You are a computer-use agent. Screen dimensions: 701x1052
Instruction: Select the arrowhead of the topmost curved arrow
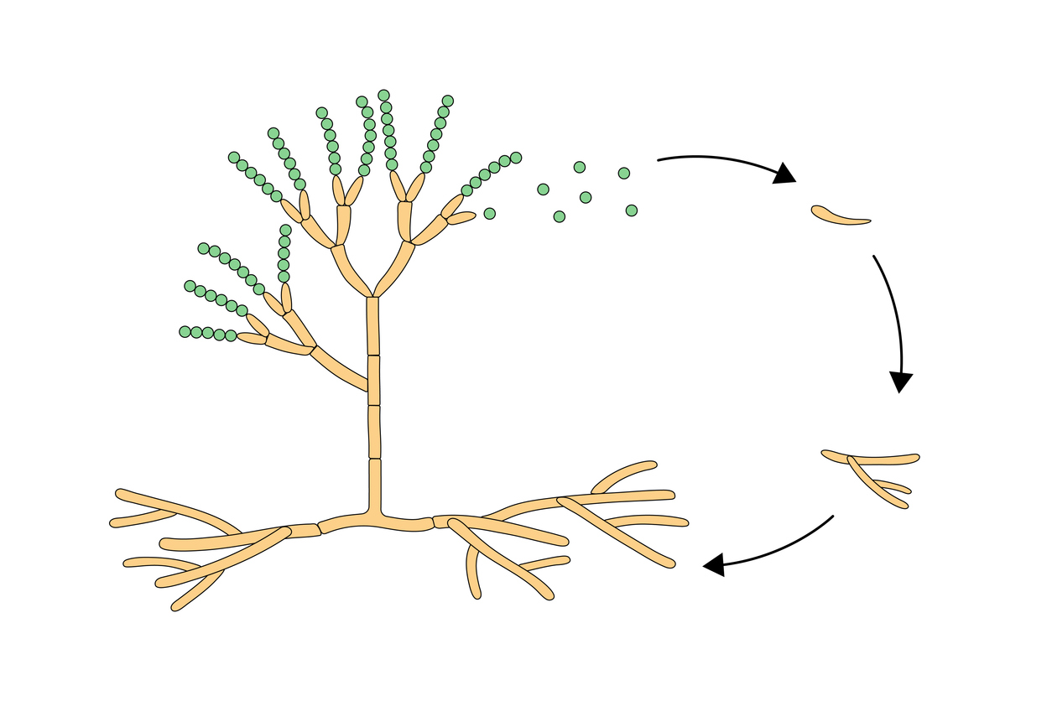coord(784,174)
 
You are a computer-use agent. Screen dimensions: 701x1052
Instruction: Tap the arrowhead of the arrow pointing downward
coord(900,382)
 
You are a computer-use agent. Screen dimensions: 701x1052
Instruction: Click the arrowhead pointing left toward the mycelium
coord(714,565)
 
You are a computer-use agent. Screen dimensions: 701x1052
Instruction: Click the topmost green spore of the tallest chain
coord(383,96)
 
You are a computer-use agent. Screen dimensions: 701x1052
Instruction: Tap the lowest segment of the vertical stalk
coord(375,486)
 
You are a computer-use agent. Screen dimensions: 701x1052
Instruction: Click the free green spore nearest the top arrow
coord(623,174)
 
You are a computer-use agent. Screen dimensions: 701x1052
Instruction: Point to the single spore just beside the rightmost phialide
coord(490,214)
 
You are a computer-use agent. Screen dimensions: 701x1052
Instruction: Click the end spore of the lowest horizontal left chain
coord(185,332)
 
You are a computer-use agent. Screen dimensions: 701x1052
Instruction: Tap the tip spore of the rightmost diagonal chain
coord(516,158)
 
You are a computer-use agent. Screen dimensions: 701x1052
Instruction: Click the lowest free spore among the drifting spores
coord(560,216)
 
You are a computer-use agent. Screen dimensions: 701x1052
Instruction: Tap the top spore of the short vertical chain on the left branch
coord(285,230)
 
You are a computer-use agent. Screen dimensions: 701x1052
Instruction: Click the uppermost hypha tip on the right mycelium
coord(650,464)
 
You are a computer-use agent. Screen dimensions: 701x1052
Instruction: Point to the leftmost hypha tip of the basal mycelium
coord(114,523)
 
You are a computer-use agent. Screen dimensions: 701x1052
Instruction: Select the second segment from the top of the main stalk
coord(374,381)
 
